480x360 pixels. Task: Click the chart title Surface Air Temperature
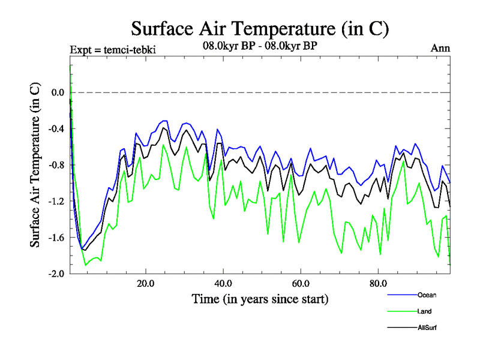point(260,28)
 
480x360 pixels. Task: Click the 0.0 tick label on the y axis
point(57,92)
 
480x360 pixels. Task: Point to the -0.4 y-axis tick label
point(56,129)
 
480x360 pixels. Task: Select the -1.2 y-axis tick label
point(56,202)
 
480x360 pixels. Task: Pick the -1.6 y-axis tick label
point(56,238)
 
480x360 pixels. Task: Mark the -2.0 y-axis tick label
point(56,274)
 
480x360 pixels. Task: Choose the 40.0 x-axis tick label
point(223,283)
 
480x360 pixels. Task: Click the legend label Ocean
point(427,295)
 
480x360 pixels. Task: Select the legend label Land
point(425,311)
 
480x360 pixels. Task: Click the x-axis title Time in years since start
point(260,298)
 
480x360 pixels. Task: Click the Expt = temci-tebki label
point(113,49)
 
